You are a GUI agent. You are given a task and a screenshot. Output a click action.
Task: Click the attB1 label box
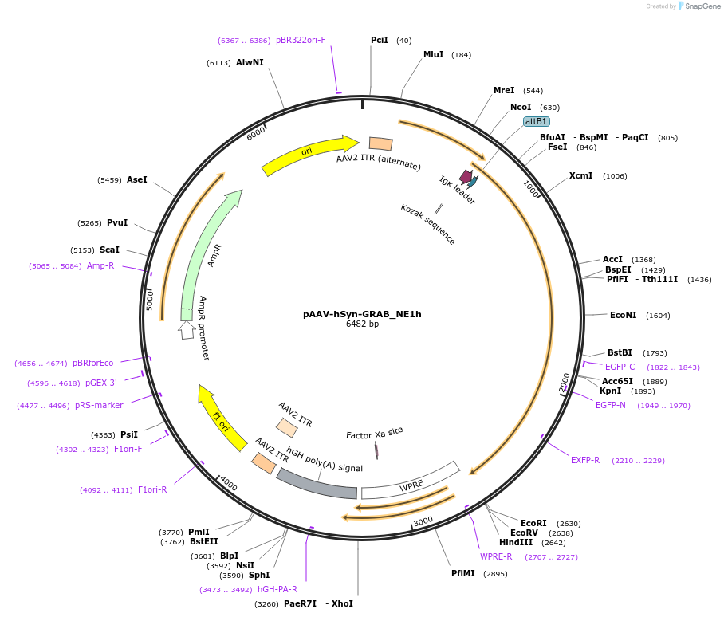[x=536, y=121]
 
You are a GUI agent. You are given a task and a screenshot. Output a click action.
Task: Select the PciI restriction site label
[x=380, y=40]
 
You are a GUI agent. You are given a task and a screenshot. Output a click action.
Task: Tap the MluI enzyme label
[x=433, y=54]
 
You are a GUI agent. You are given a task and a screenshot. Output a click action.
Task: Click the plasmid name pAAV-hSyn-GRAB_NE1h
[x=362, y=314]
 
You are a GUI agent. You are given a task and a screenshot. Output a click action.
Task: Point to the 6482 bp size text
[x=362, y=324]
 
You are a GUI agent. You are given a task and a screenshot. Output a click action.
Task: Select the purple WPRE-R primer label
[x=496, y=556]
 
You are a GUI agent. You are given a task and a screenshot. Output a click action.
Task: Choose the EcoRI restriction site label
[x=533, y=523]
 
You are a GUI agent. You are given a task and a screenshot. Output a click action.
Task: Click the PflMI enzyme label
[x=463, y=573]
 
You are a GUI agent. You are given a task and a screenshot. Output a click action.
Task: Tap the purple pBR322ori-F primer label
[x=301, y=40]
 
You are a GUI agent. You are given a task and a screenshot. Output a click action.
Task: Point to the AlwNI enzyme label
[x=250, y=62]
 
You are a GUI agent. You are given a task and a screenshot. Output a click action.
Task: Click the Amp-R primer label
[x=100, y=266]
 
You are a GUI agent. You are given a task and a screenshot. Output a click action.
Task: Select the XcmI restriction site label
[x=580, y=175]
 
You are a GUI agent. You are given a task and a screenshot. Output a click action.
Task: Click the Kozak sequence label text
[x=428, y=224]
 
